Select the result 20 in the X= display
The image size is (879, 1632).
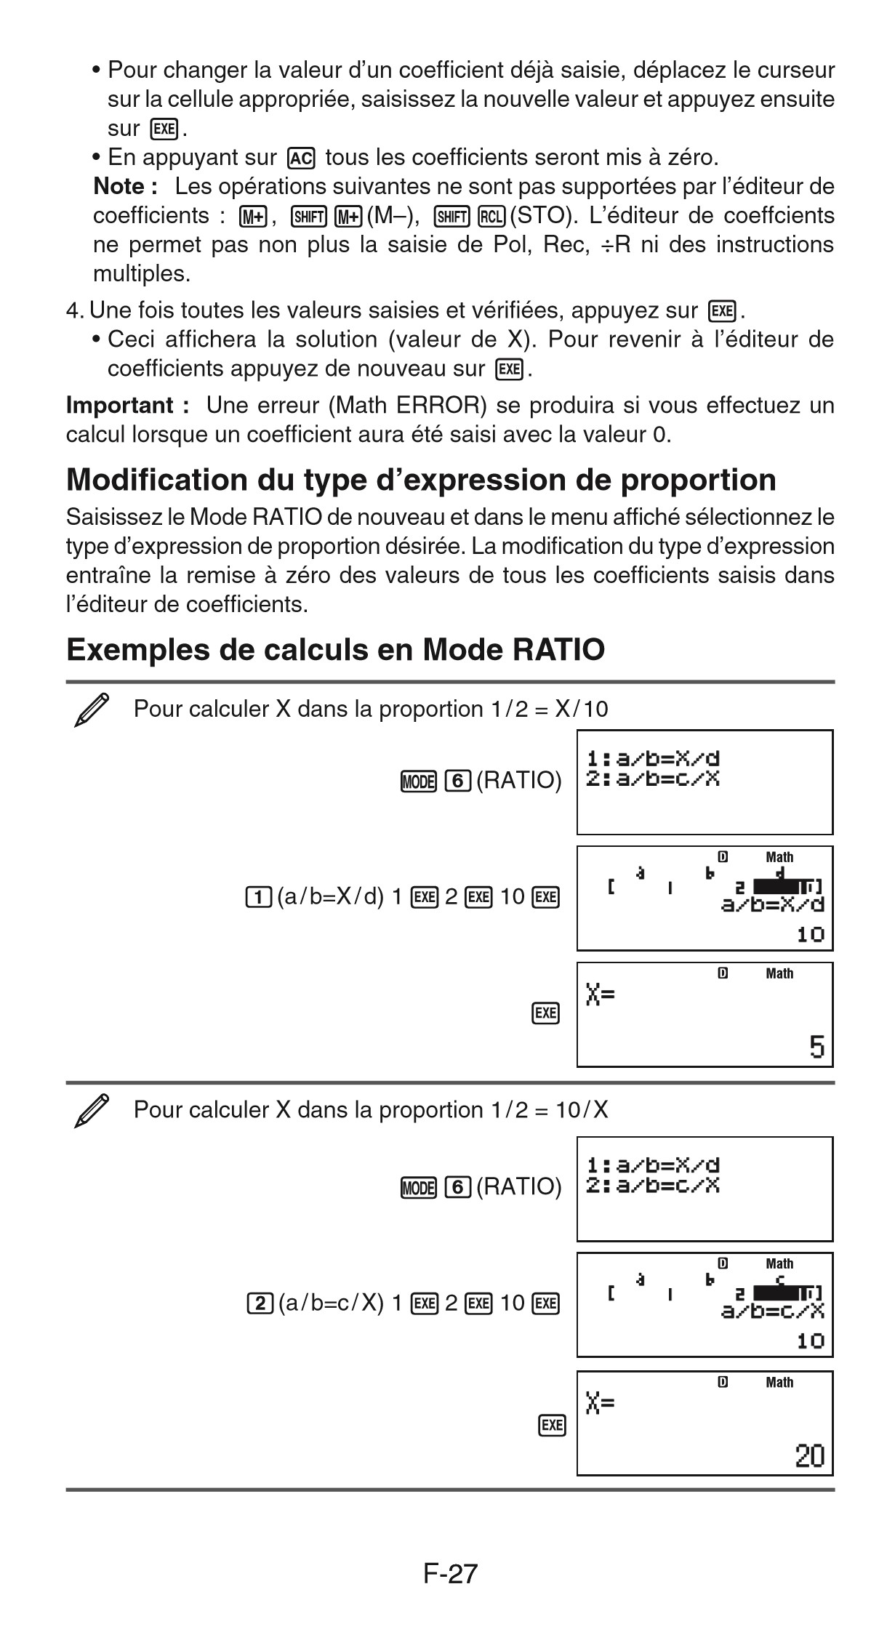pos(809,1456)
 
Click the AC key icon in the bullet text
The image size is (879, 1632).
pos(301,158)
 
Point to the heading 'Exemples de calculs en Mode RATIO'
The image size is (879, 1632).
pos(335,649)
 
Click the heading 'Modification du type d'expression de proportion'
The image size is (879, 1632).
pos(421,480)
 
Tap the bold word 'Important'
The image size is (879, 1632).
pos(120,406)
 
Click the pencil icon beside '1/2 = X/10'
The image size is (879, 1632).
pos(92,710)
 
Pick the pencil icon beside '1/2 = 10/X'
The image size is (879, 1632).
pos(92,1111)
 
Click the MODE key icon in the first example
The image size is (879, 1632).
pos(417,781)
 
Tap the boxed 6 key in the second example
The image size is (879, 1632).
pos(458,1187)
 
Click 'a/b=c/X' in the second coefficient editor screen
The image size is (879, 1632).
pos(772,1311)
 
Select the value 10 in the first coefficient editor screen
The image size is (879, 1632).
pos(811,934)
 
